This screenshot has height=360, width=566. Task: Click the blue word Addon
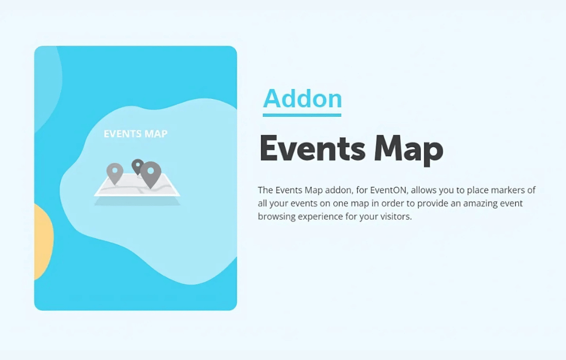tap(303, 98)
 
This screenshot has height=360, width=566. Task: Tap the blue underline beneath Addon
tap(302, 115)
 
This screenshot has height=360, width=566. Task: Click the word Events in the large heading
tap(313, 148)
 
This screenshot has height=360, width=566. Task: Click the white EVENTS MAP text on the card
tap(135, 134)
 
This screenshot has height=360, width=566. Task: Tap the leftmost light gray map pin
tap(115, 173)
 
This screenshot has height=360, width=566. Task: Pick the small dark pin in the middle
tap(137, 167)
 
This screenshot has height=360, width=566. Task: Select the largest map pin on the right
tap(151, 174)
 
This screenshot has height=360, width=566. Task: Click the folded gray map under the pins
tap(137, 185)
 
